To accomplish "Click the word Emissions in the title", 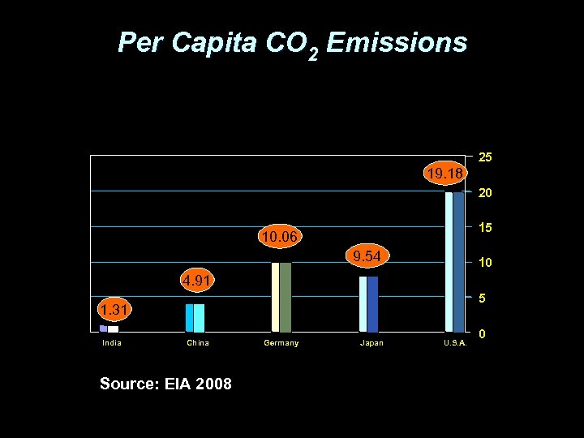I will point(397,42).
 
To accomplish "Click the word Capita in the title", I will point(216,42).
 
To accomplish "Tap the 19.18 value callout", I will point(444,174).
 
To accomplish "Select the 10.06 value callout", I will point(279,237).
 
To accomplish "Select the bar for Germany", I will point(281,297).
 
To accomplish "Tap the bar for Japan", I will point(368,304).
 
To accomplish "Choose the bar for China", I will point(195,318).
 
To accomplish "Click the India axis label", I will point(112,343).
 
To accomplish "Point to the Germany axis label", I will point(281,343).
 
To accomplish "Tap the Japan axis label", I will point(371,343).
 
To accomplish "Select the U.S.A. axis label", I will point(455,343).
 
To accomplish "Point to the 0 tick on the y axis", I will point(483,334).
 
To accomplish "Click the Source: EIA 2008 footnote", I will point(165,384).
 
